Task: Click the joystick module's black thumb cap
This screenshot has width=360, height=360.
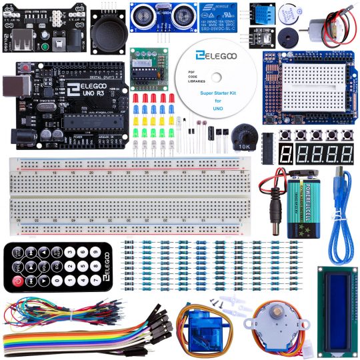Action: pos(107,29)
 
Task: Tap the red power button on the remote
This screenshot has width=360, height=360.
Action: pos(19,280)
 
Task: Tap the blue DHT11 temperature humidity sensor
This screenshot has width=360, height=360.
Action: pos(263,13)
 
